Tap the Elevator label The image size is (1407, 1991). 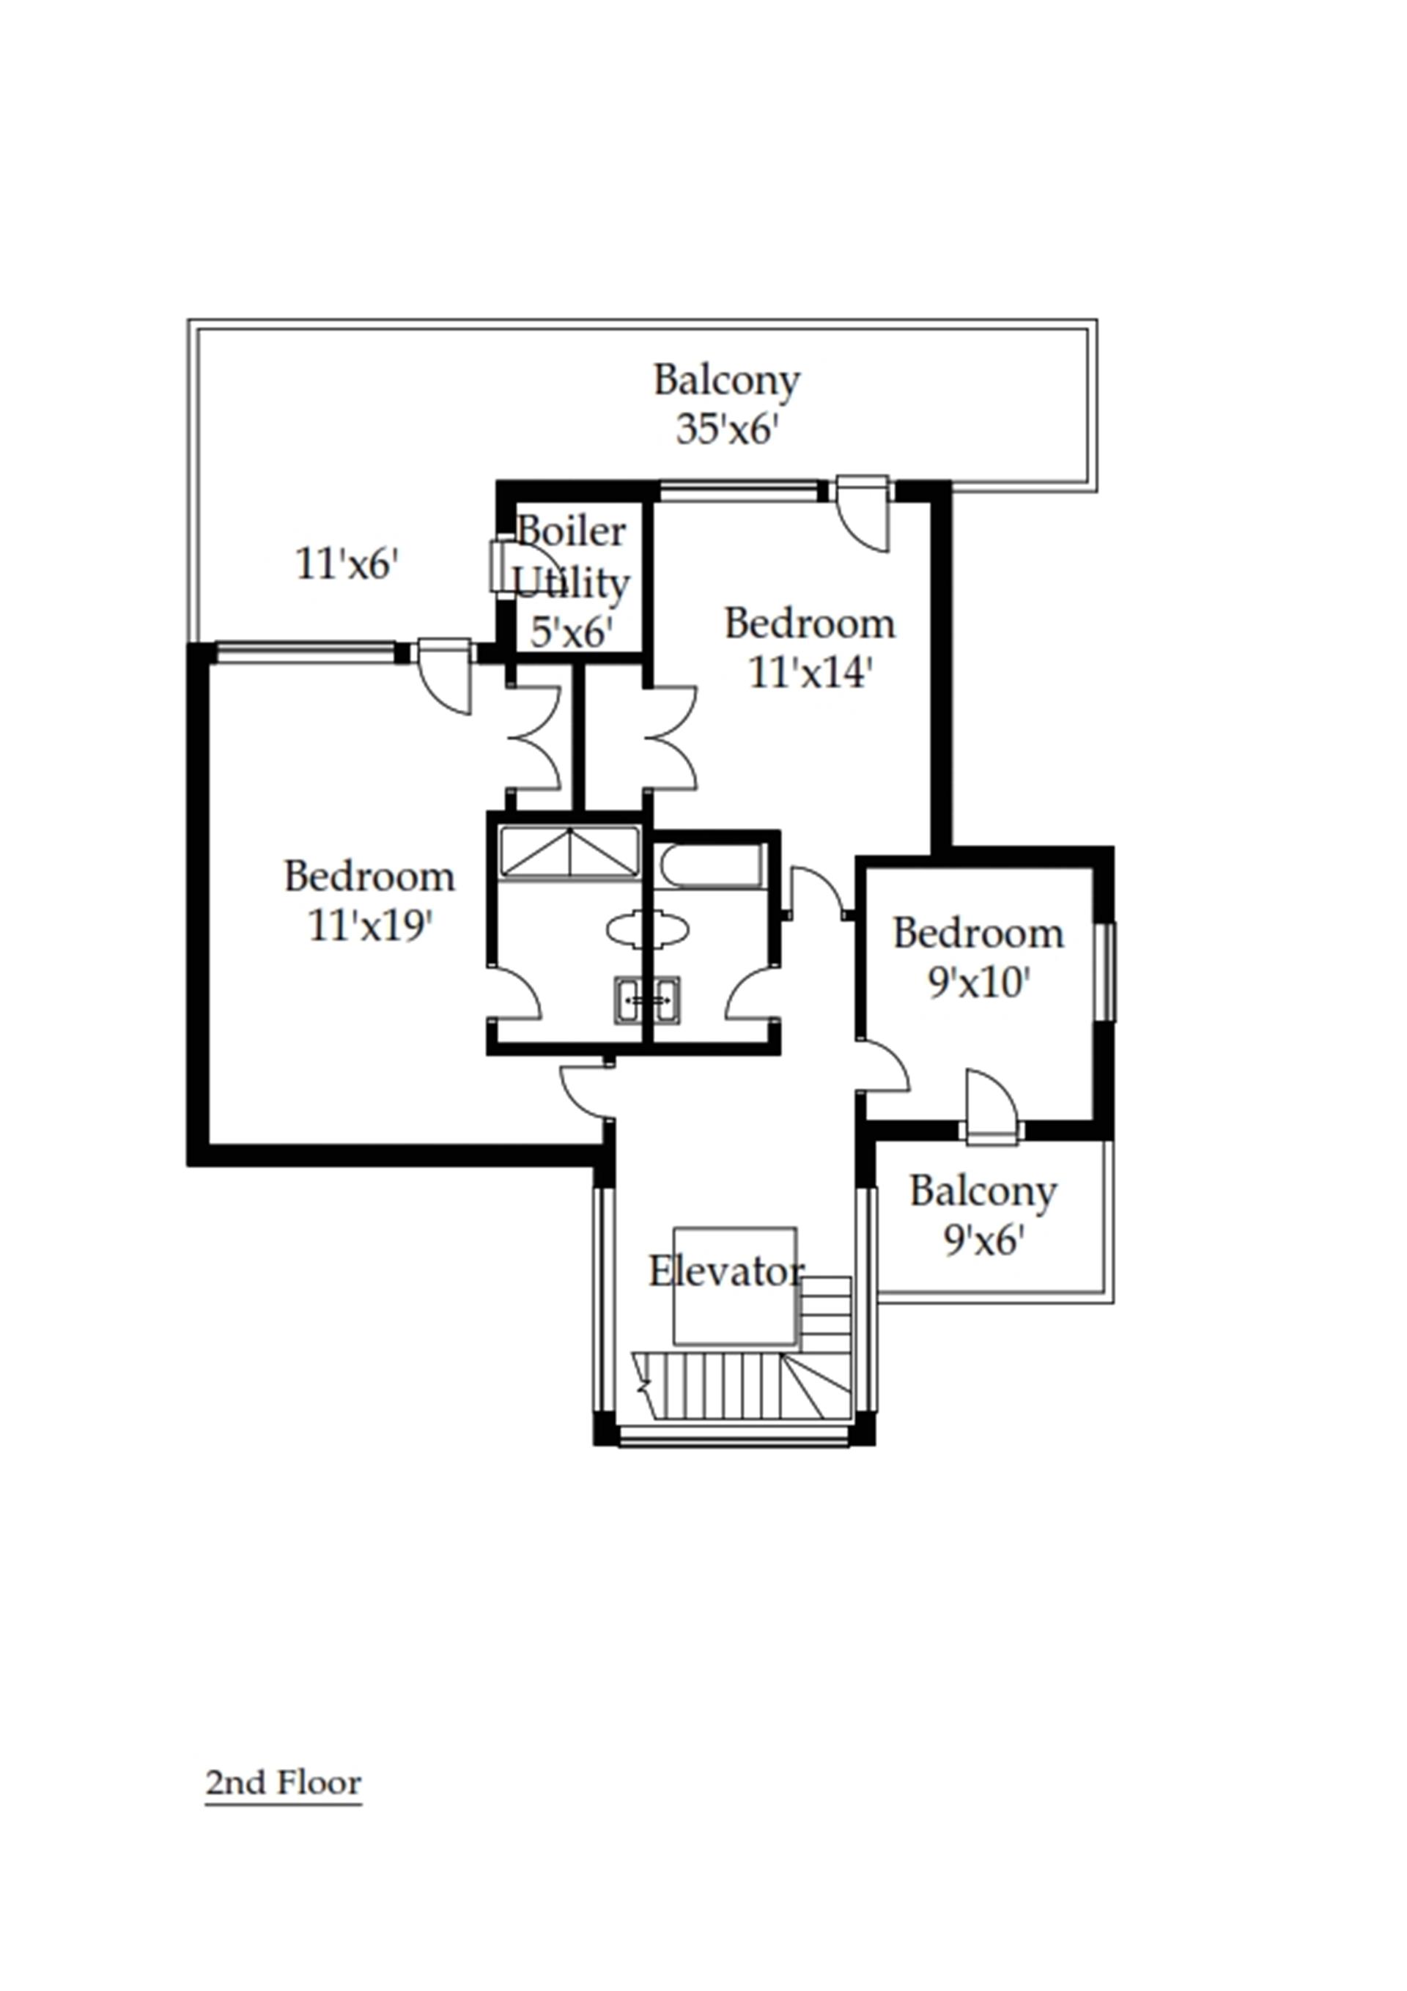click(725, 1272)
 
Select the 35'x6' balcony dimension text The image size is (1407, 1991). click(725, 429)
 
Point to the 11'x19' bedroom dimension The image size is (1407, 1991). click(370, 926)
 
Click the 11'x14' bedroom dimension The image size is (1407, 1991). click(808, 672)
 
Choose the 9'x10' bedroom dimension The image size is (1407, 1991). click(978, 983)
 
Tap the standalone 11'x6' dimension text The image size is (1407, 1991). click(347, 564)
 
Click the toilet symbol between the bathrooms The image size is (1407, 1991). click(647, 928)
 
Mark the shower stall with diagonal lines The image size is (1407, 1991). click(570, 852)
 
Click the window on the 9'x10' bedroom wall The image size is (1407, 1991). click(1106, 971)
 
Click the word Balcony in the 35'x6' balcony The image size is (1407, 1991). click(726, 380)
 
